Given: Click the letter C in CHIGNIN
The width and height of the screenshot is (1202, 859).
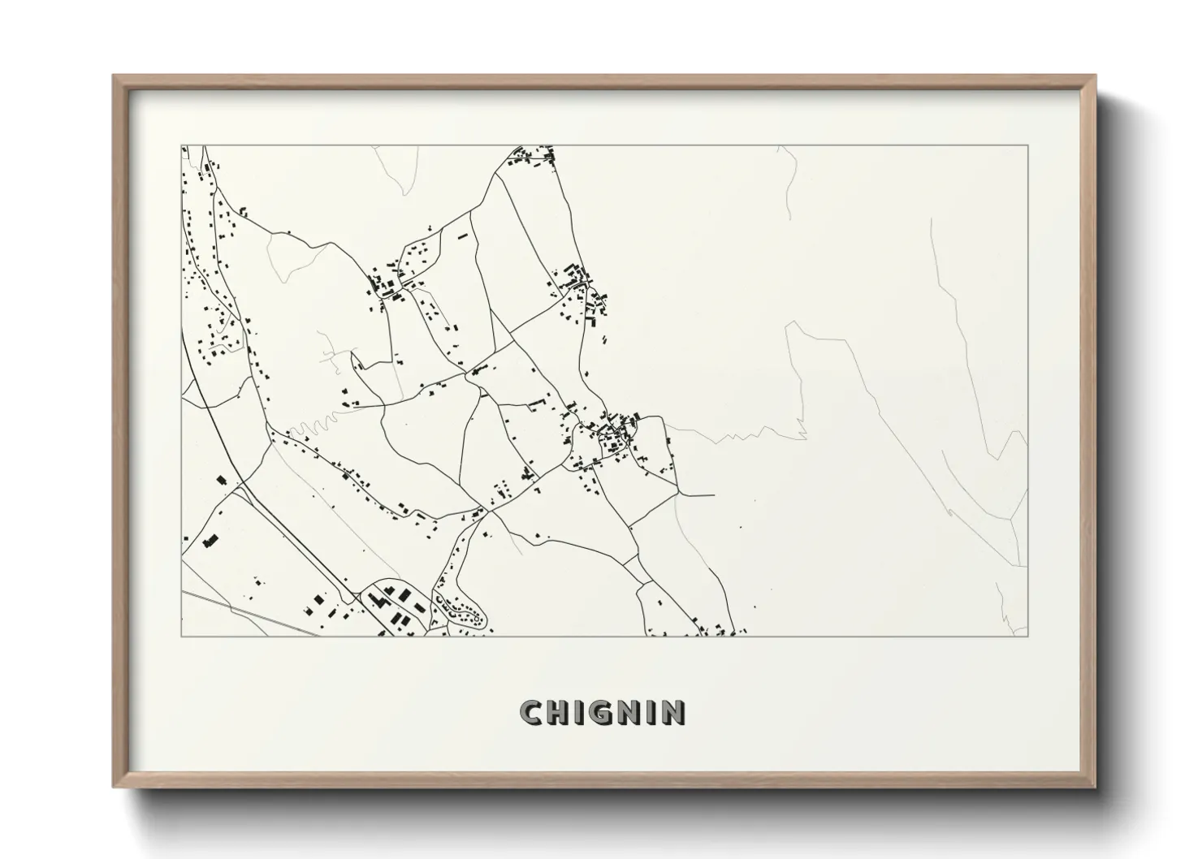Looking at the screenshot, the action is coord(532,712).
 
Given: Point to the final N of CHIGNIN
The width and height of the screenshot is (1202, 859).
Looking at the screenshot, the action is coord(672,712).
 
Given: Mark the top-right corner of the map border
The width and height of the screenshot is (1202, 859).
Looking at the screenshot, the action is coord(1027,145).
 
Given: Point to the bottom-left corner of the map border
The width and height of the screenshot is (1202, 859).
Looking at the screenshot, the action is coord(182,636).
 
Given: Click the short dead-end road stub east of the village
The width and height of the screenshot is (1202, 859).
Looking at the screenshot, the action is coord(698,494).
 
